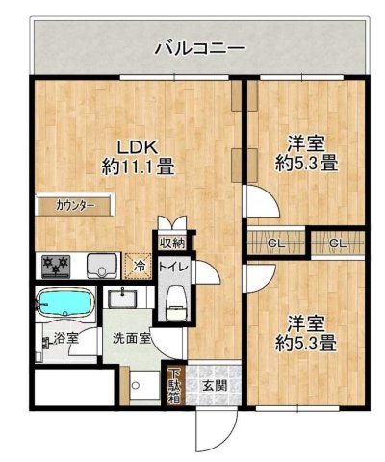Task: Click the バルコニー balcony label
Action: (200, 46)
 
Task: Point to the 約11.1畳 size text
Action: (138, 167)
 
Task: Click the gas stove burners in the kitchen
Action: (53, 263)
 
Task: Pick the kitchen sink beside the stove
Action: (100, 263)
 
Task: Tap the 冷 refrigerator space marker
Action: (140, 264)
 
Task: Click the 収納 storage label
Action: (172, 243)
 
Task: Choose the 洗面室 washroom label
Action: (130, 339)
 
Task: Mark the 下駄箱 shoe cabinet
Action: (174, 384)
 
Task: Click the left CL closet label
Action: (273, 243)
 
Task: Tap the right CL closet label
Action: (337, 243)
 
